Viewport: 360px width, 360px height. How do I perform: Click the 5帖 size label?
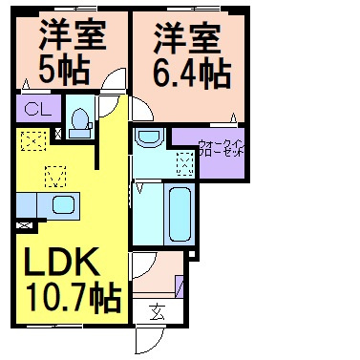[64, 70]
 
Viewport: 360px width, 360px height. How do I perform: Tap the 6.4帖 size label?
[192, 74]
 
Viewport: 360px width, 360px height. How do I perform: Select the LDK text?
[61, 262]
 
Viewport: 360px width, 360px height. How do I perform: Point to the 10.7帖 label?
[74, 299]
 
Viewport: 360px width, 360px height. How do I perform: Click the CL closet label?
[38, 109]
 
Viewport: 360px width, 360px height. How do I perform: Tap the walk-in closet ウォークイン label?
[221, 143]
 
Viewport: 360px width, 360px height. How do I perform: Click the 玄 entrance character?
[158, 311]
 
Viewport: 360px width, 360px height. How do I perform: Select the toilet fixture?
[79, 123]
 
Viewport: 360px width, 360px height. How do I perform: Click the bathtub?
[180, 214]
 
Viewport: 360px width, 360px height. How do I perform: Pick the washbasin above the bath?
[149, 137]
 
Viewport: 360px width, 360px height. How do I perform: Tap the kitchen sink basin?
[63, 204]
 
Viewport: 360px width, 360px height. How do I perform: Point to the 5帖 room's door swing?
[114, 80]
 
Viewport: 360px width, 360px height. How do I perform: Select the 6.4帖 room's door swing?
[142, 108]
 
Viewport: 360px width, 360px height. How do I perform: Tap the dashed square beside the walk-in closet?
[185, 163]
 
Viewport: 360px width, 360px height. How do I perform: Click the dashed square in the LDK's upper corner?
[33, 140]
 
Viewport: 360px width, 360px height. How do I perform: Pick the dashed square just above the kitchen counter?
[55, 177]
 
